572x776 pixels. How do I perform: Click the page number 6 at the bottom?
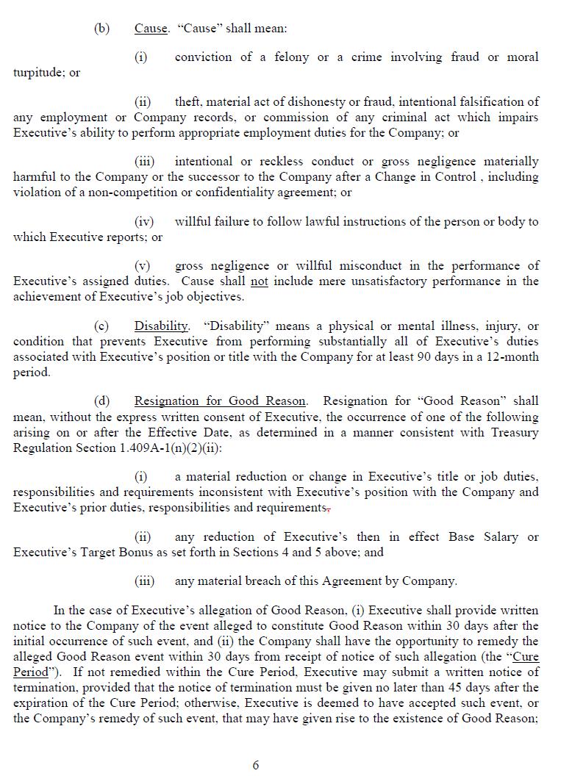pos(256,765)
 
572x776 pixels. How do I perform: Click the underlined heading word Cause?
pos(151,29)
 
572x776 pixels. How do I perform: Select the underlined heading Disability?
pos(161,326)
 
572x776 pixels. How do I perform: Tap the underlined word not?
pos(259,281)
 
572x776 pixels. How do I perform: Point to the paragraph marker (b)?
pos(101,29)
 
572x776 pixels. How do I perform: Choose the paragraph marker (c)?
pos(101,326)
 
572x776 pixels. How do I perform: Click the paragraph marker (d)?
pos(101,401)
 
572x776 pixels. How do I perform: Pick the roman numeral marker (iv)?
pos(144,222)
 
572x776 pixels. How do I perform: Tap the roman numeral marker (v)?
pos(142,266)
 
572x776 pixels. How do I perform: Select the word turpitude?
pos(37,73)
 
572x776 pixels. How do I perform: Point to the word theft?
pos(190,102)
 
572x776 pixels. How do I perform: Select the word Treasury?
pos(512,432)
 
